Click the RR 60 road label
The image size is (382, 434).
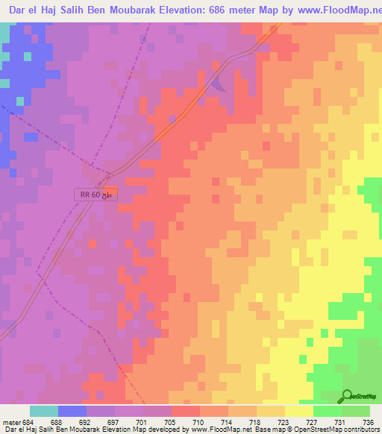(x=96, y=195)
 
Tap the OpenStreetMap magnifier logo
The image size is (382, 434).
(x=347, y=396)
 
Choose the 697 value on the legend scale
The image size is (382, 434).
(x=114, y=423)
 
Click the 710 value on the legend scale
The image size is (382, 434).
(x=199, y=423)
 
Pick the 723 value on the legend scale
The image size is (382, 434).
(x=284, y=423)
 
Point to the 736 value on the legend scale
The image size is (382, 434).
(x=369, y=423)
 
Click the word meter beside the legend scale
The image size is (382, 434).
(x=11, y=423)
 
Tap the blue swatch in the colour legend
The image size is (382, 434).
(x=72, y=411)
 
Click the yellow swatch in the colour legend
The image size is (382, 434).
(x=298, y=411)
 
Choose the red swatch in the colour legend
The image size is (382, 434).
(x=185, y=411)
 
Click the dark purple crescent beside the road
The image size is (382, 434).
(x=219, y=83)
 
